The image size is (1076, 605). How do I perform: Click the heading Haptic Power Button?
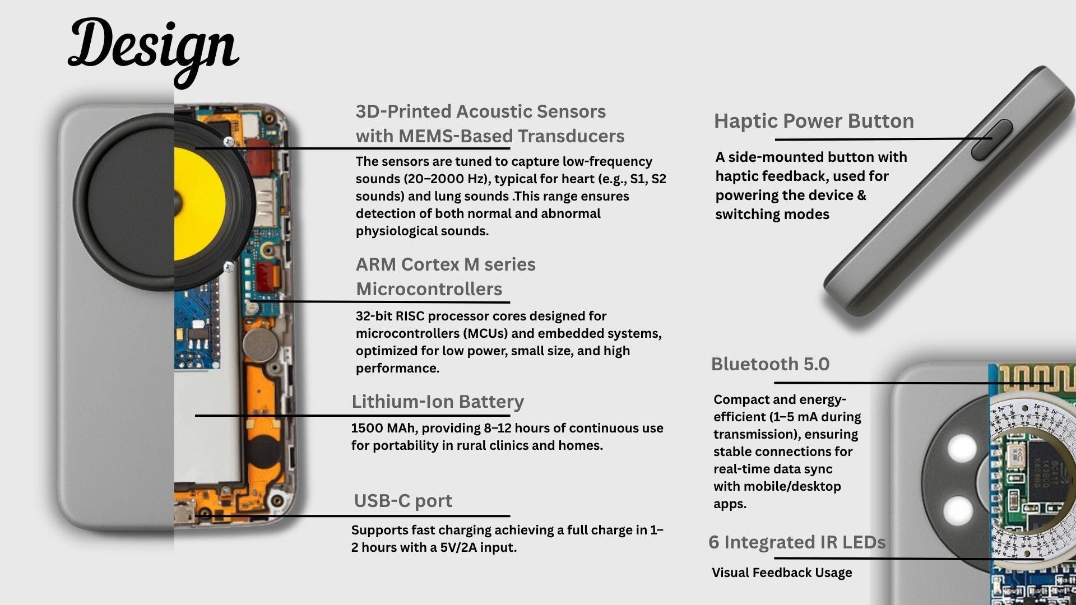[x=814, y=121]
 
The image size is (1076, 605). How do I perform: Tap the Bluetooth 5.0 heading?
[x=770, y=364]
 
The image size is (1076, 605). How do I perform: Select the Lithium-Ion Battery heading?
[x=438, y=402]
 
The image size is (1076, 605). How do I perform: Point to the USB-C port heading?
[x=403, y=501]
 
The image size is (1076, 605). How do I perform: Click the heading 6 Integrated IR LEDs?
[x=797, y=542]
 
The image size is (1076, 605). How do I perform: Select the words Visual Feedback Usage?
[x=782, y=573]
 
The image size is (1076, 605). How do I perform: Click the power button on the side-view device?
[x=991, y=139]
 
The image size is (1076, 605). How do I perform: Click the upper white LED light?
[x=962, y=448]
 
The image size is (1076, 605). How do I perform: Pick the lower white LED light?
[x=958, y=510]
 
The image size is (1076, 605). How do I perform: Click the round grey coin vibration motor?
[x=260, y=345]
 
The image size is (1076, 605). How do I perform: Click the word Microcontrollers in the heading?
[x=429, y=289]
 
